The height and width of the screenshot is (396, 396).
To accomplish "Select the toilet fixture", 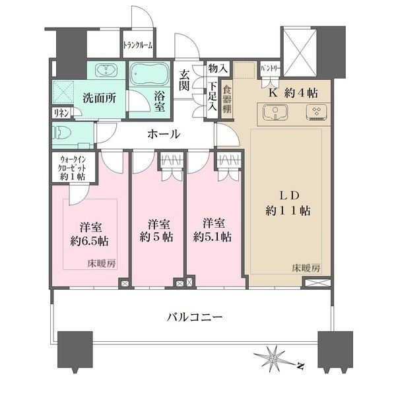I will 65,134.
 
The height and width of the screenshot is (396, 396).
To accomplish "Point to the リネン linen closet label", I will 60,113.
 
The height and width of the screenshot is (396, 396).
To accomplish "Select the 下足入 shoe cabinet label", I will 213,96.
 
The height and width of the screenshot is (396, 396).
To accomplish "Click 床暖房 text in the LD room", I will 306,269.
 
